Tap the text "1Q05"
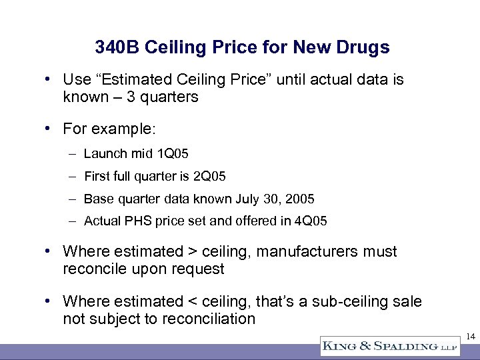[x=173, y=154]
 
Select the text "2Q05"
[x=210, y=177]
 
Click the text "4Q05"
[x=311, y=221]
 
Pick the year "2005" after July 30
[x=301, y=199]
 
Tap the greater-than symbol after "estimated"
[x=192, y=252]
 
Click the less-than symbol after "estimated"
[x=192, y=302]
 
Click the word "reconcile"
[x=93, y=269]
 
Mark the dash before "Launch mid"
[x=72, y=154]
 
